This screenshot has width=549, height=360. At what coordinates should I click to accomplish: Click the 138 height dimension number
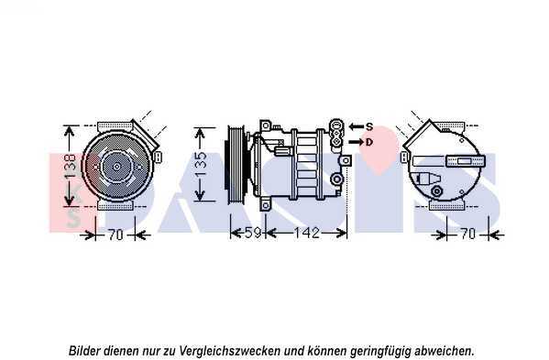click(x=71, y=167)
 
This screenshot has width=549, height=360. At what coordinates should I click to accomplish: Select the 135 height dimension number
click(x=201, y=164)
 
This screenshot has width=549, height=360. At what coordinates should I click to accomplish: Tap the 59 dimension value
click(x=253, y=233)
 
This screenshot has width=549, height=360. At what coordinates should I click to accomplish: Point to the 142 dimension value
click(x=306, y=233)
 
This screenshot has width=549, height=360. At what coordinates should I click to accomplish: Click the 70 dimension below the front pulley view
click(x=115, y=235)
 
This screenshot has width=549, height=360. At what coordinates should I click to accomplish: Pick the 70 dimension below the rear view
click(x=467, y=234)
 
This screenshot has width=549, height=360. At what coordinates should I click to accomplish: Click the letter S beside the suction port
click(x=369, y=126)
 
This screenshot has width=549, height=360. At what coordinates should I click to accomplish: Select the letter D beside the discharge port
click(x=369, y=142)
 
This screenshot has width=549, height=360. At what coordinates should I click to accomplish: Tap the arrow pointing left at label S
click(x=357, y=126)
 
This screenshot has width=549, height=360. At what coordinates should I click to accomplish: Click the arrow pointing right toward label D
click(x=357, y=142)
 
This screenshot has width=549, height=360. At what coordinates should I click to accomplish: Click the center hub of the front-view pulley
click(x=116, y=167)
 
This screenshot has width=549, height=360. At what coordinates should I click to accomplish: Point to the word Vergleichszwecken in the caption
click(x=230, y=351)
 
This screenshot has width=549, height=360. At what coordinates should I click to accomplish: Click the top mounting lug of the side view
click(x=266, y=125)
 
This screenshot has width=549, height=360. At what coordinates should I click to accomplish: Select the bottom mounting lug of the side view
click(x=266, y=205)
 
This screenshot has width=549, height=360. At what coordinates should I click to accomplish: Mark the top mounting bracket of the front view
click(x=115, y=125)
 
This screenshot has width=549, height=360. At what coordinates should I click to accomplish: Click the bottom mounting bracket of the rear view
click(x=446, y=206)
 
